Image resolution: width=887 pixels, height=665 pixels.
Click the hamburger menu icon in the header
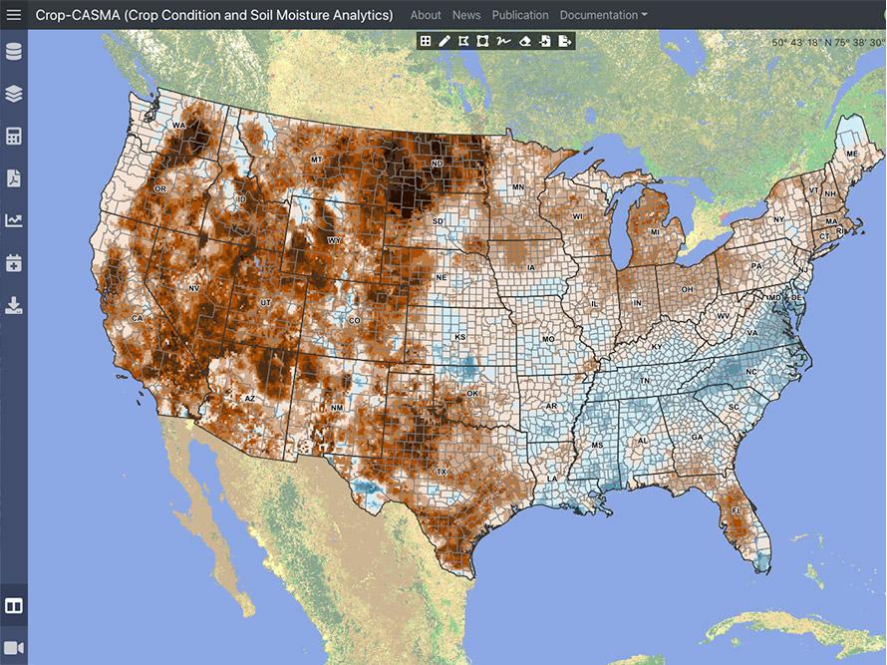[14, 15]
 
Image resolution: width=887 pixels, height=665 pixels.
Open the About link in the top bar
[426, 15]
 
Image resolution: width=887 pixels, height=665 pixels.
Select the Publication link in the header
[520, 15]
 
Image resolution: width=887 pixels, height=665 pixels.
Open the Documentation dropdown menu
[603, 15]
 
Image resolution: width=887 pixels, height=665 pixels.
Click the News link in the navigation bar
[466, 15]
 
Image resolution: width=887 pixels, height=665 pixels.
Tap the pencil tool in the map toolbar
[444, 41]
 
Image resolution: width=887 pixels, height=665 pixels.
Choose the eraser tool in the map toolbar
[525, 41]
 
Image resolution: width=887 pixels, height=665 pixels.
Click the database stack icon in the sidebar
[14, 52]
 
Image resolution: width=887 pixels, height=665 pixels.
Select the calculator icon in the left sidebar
[14, 137]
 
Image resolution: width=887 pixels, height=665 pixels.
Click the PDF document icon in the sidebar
[14, 178]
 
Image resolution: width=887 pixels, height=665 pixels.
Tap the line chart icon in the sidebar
[14, 220]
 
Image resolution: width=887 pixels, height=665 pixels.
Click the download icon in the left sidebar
[14, 304]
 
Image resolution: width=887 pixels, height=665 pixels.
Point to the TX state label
[442, 472]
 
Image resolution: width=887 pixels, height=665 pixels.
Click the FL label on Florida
[738, 510]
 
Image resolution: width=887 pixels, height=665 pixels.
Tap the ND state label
[437, 164]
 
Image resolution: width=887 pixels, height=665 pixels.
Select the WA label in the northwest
[179, 126]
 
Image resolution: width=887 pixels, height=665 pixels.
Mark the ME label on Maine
[851, 155]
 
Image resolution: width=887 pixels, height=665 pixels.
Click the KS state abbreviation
[460, 338]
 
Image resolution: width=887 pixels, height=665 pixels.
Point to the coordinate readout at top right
[827, 43]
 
